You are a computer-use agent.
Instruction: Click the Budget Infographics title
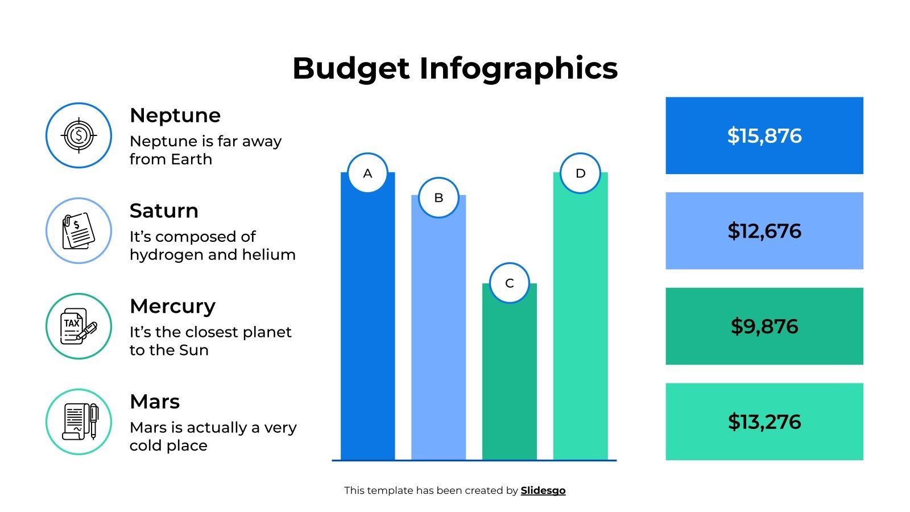(x=455, y=68)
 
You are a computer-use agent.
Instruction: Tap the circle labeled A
(x=367, y=173)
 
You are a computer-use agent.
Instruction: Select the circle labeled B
(x=439, y=197)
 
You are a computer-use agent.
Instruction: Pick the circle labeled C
(x=509, y=283)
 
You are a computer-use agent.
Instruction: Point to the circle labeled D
(x=580, y=173)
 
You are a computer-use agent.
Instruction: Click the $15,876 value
(x=764, y=135)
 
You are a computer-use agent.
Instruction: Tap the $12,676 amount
(x=764, y=231)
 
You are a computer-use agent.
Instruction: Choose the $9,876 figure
(x=764, y=327)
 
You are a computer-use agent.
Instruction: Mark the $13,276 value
(x=764, y=422)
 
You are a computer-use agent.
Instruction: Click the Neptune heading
(x=175, y=115)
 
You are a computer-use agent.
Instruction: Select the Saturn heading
(x=164, y=211)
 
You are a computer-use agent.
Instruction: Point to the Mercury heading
(x=172, y=306)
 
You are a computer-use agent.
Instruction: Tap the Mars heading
(x=155, y=402)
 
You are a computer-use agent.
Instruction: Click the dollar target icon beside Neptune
(x=78, y=135)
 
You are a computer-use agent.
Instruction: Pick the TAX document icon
(x=78, y=326)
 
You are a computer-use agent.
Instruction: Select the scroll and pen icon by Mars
(x=78, y=422)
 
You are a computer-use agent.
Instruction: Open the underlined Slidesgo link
(x=543, y=490)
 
